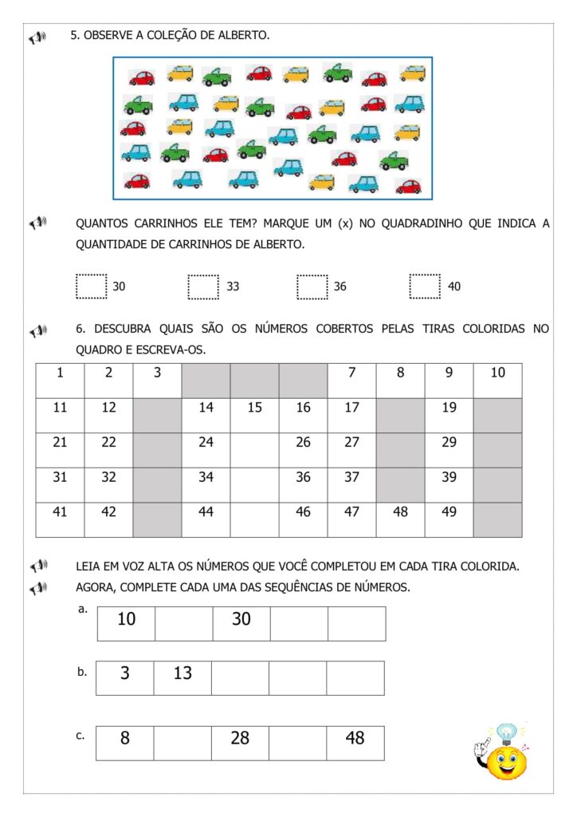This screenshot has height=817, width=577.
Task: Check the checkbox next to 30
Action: pyautogui.click(x=91, y=286)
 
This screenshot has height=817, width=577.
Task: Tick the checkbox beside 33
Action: pyautogui.click(x=203, y=286)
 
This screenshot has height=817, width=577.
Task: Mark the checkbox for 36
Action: pyautogui.click(x=312, y=286)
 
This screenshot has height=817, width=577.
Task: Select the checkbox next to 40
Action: pyautogui.click(x=425, y=286)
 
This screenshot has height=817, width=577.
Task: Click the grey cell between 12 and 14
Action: pyautogui.click(x=157, y=415)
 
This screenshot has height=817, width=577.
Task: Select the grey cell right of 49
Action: pyautogui.click(x=497, y=519)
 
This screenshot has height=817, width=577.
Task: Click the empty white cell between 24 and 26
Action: pyautogui.click(x=254, y=450)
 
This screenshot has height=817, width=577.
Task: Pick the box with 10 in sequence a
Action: pyautogui.click(x=126, y=623)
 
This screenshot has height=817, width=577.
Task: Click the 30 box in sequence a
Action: pyautogui.click(x=241, y=623)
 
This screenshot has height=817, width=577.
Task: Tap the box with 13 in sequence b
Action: pyautogui.click(x=183, y=677)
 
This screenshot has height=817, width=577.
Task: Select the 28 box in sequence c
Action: pyautogui.click(x=240, y=743)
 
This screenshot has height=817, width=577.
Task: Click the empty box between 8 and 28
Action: pyautogui.click(x=183, y=743)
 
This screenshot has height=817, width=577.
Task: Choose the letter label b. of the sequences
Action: pyautogui.click(x=82, y=673)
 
